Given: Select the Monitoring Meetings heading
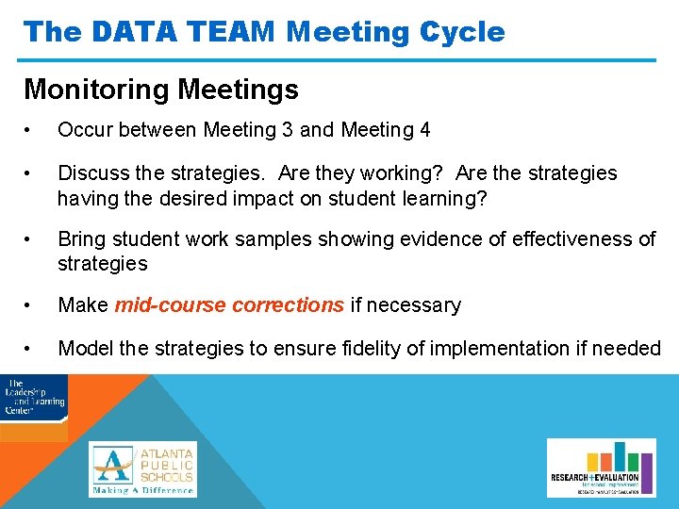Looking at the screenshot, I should click(x=160, y=90).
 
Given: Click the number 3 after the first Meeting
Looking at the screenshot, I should click(x=288, y=130).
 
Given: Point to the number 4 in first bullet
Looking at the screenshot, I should click(x=423, y=130).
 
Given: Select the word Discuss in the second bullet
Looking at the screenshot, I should click(x=92, y=173).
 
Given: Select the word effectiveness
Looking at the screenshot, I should click(x=571, y=239).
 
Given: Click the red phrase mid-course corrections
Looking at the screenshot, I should click(x=228, y=305).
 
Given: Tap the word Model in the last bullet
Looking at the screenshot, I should click(x=85, y=349).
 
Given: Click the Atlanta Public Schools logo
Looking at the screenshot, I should click(x=142, y=468).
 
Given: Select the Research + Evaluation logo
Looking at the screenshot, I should click(x=595, y=468).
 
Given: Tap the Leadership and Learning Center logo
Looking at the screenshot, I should click(x=34, y=396).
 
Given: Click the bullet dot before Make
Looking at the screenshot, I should click(x=30, y=305).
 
